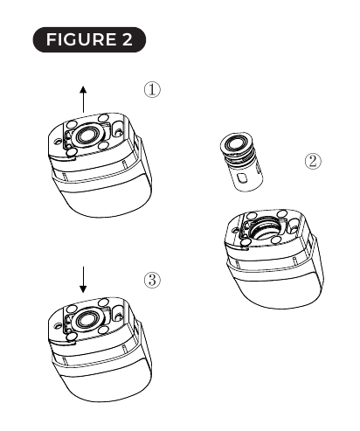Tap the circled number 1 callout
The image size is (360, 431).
pos(153,91)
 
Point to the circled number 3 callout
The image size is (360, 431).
pos(153,281)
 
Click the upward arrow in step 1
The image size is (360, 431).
pos(83,99)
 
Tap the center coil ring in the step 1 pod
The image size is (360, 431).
pos(87,136)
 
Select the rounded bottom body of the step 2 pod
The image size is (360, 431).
pos(275,288)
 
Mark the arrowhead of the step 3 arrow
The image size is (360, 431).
pos(83,290)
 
